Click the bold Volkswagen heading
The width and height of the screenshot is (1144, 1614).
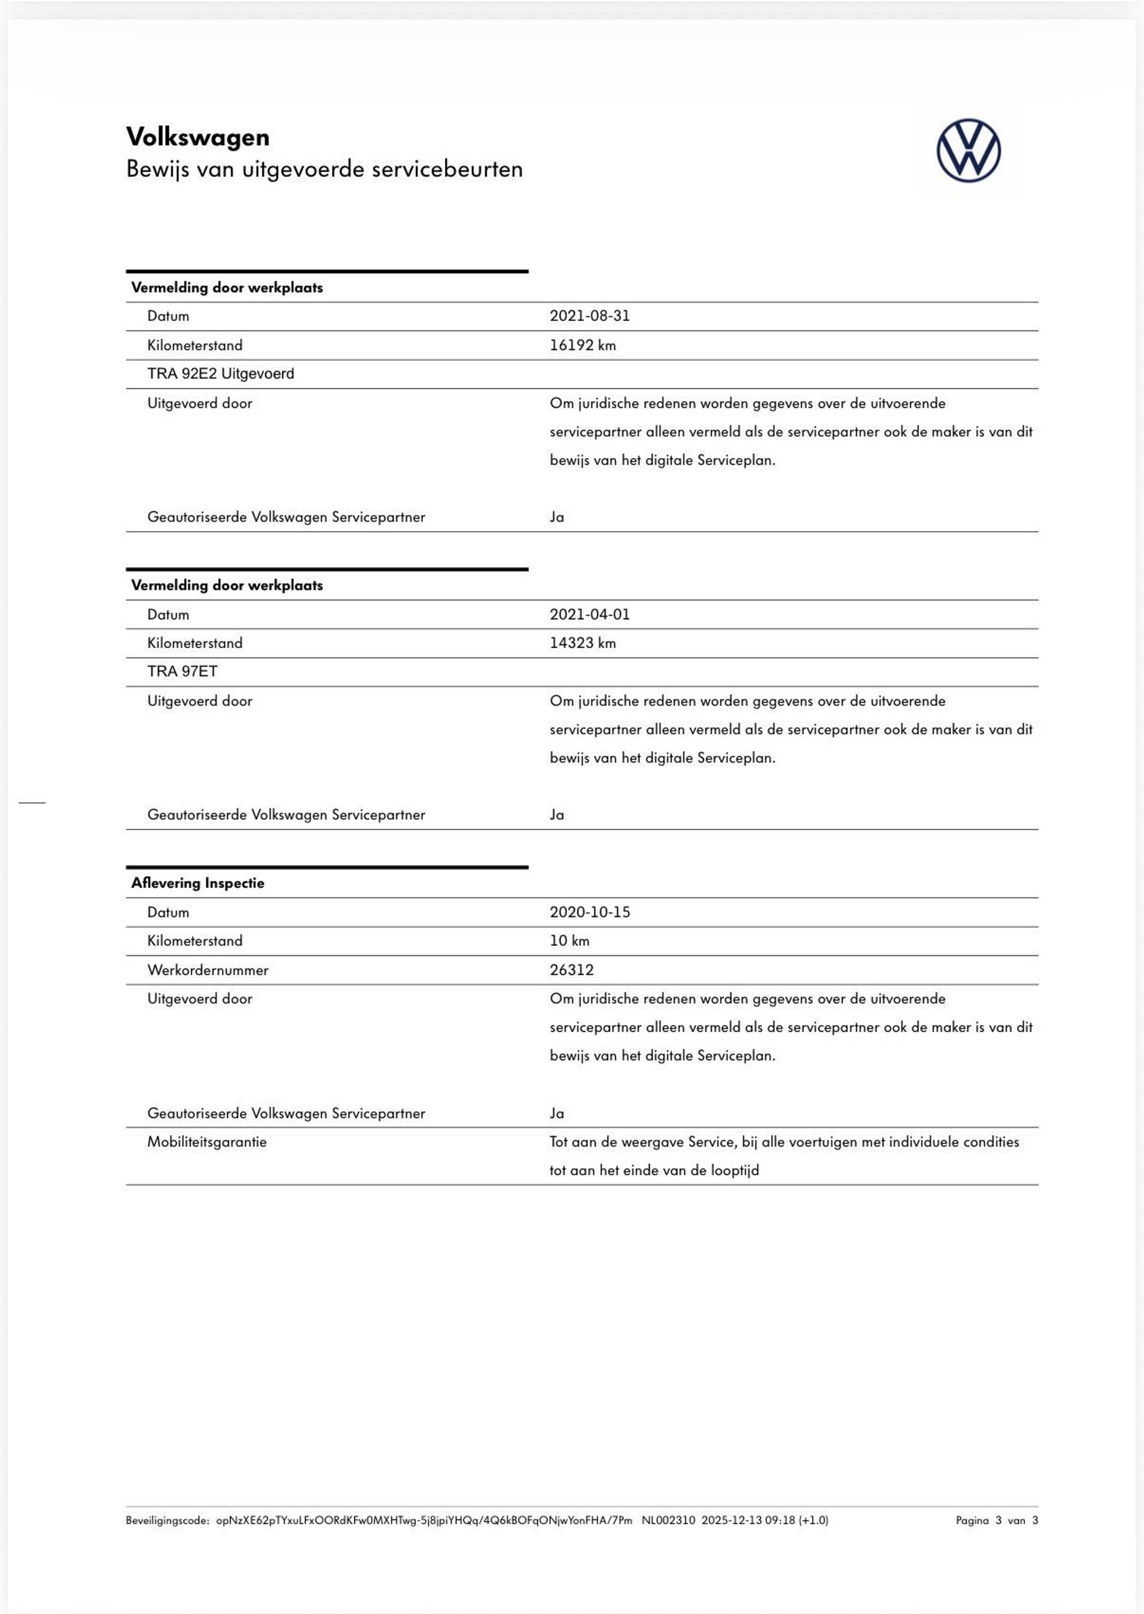pyautogui.click(x=197, y=138)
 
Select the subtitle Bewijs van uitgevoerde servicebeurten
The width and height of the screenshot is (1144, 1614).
pyautogui.click(x=324, y=170)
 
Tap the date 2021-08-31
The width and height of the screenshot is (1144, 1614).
pyautogui.click(x=590, y=316)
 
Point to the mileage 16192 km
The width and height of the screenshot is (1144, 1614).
pyautogui.click(x=583, y=345)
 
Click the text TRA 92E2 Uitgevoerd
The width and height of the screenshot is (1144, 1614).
pyautogui.click(x=220, y=374)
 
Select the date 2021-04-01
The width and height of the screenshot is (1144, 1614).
pyautogui.click(x=590, y=614)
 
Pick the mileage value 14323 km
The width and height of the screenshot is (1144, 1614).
pyautogui.click(x=583, y=643)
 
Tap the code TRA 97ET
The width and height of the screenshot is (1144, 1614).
pyautogui.click(x=182, y=672)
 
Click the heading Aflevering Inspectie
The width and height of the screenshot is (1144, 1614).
pyautogui.click(x=197, y=883)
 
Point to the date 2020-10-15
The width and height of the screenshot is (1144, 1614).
pyautogui.click(x=590, y=912)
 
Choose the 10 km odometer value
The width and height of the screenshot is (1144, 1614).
pyautogui.click(x=569, y=941)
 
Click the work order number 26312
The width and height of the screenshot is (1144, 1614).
pyautogui.click(x=571, y=970)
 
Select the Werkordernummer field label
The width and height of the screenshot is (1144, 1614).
pyautogui.click(x=208, y=970)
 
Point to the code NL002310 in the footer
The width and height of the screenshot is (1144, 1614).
pyautogui.click(x=668, y=1520)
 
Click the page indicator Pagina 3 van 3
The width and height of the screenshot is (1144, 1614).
pyautogui.click(x=996, y=1520)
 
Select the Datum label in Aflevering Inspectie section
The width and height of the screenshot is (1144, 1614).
pyautogui.click(x=169, y=912)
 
